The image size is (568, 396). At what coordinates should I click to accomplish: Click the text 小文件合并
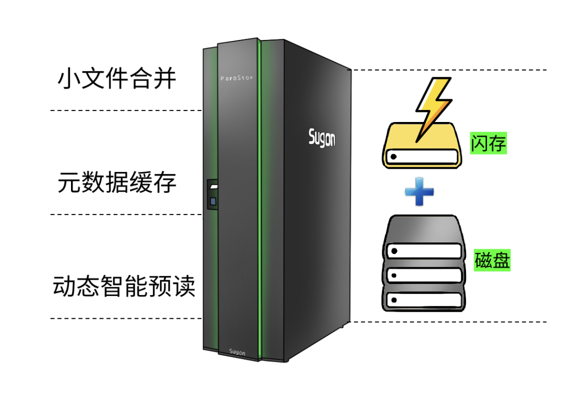pyautogui.click(x=117, y=78)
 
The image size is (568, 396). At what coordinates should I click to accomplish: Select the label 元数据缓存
pyautogui.click(x=117, y=182)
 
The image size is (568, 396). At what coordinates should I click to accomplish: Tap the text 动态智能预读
pyautogui.click(x=124, y=286)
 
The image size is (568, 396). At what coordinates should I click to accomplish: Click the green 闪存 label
pyautogui.click(x=488, y=143)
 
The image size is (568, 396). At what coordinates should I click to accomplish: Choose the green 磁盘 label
pyautogui.click(x=492, y=260)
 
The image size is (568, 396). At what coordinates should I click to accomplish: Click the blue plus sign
pyautogui.click(x=419, y=191)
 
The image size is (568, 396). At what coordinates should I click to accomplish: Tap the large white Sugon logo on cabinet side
pyautogui.click(x=322, y=138)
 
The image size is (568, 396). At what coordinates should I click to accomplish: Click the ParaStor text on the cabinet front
pyautogui.click(x=237, y=78)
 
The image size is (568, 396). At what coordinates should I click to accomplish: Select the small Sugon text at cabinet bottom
pyautogui.click(x=237, y=352)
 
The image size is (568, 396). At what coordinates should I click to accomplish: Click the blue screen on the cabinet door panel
pyautogui.click(x=213, y=201)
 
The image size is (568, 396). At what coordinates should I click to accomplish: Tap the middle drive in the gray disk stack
pyautogui.click(x=424, y=276)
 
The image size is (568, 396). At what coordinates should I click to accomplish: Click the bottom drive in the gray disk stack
pyautogui.click(x=424, y=300)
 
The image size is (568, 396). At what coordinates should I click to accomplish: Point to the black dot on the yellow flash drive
pyautogui.click(x=393, y=157)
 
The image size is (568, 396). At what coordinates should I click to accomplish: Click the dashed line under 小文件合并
pyautogui.click(x=126, y=110)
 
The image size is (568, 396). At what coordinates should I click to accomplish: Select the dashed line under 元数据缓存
pyautogui.click(x=126, y=215)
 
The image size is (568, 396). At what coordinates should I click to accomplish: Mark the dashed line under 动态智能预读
pyautogui.click(x=126, y=319)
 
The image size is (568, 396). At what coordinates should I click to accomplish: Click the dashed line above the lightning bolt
pyautogui.click(x=450, y=69)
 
